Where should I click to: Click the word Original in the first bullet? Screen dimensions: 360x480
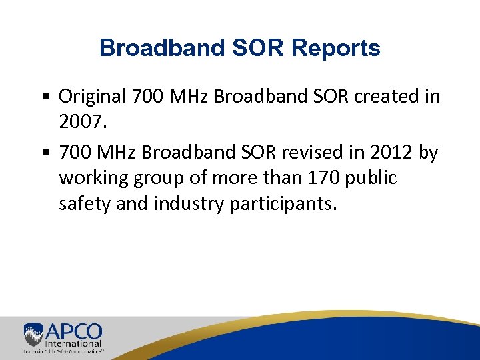tap(93, 96)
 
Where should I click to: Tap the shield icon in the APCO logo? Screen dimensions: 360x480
tap(33, 334)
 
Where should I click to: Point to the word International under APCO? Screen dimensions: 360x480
tap(73, 344)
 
